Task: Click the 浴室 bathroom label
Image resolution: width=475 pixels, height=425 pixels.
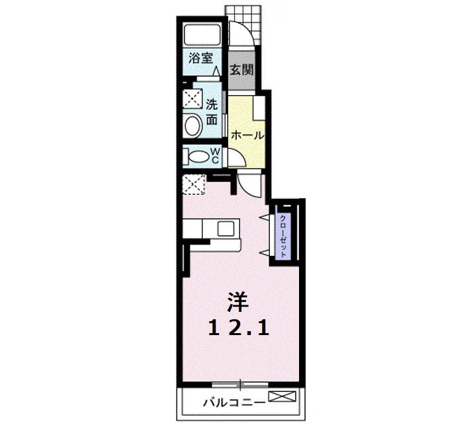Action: tap(201, 58)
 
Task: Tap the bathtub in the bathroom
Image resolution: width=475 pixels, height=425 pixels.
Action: tap(202, 36)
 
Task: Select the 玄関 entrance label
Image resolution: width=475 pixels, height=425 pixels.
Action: tap(241, 70)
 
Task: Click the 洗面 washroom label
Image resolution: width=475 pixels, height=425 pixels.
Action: tap(212, 112)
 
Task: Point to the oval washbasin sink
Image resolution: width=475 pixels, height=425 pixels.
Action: tap(193, 126)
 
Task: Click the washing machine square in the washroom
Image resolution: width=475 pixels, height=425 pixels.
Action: tap(193, 98)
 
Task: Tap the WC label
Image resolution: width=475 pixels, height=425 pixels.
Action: tap(215, 155)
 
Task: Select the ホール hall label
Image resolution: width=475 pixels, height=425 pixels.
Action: tap(247, 135)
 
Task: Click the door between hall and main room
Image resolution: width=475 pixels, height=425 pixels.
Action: tap(249, 184)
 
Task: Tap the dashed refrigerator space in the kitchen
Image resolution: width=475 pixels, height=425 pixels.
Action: tap(194, 184)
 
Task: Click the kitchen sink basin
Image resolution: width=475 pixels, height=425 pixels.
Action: tap(226, 228)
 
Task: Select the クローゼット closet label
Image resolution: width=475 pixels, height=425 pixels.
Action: tap(283, 236)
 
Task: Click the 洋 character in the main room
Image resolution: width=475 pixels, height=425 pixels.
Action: tap(238, 302)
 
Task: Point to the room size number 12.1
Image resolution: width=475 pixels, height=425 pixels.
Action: tap(239, 328)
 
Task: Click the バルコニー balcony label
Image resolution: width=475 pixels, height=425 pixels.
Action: tap(234, 403)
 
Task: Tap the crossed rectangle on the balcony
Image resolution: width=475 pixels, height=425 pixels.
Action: tap(282, 396)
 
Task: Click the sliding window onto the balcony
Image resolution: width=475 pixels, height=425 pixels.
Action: tap(240, 385)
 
